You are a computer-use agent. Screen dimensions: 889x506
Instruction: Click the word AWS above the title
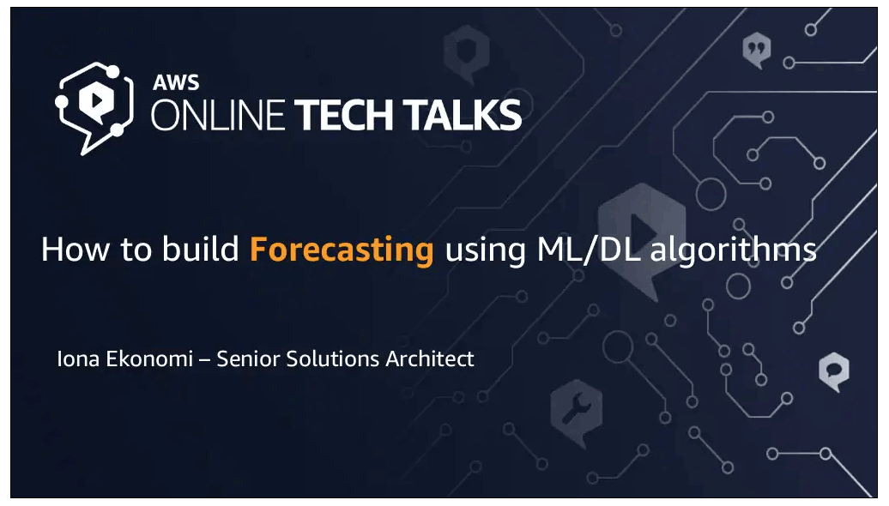[176, 82]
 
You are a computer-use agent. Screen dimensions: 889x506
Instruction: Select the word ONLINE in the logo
[218, 115]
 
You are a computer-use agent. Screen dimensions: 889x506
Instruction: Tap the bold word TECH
[344, 115]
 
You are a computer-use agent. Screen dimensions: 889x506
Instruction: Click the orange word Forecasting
[342, 250]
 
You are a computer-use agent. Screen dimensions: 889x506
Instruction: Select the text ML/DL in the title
[588, 250]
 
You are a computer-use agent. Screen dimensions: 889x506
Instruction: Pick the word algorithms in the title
[733, 250]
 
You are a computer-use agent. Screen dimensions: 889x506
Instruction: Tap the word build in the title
[201, 249]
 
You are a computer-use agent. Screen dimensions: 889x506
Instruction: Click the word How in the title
[75, 250]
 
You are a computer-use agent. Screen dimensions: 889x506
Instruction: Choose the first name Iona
[78, 358]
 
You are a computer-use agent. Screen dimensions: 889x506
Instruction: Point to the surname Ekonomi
[149, 358]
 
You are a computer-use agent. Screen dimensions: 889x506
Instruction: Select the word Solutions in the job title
[332, 358]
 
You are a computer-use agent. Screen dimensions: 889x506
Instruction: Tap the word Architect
[430, 358]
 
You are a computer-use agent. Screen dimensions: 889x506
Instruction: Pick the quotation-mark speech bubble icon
[757, 50]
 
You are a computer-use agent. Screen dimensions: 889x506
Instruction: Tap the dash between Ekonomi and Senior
[205, 359]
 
